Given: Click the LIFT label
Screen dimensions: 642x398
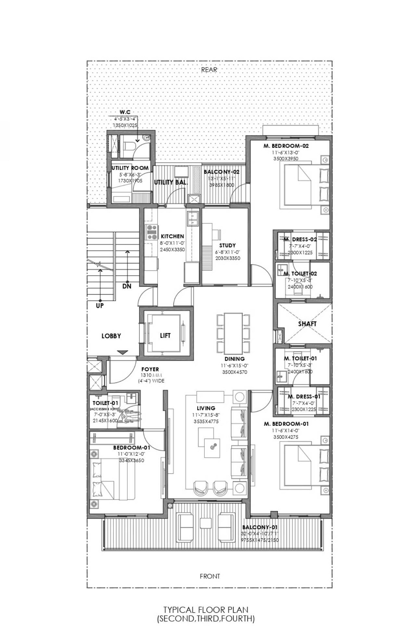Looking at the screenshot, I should click(x=165, y=335).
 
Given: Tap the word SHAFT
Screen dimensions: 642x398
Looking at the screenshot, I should click(x=307, y=324).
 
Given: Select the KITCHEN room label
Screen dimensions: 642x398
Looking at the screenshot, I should click(x=172, y=236).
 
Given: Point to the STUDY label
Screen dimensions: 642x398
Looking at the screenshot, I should click(x=227, y=245).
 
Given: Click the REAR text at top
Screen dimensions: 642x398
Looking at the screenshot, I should click(x=209, y=69).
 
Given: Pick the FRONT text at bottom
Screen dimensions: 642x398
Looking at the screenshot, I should click(x=210, y=576).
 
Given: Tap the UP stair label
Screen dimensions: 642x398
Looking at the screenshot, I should click(x=100, y=306).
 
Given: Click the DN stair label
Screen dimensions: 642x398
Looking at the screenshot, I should click(x=127, y=286).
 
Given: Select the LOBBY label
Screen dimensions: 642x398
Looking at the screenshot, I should click(x=111, y=336).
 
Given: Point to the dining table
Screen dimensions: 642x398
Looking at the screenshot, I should click(x=234, y=333).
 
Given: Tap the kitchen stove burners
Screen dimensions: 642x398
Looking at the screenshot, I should click(x=151, y=232).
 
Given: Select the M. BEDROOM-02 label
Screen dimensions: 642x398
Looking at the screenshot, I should click(x=286, y=146).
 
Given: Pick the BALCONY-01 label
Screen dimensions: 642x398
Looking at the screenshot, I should click(x=260, y=527).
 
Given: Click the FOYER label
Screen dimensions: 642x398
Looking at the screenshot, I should click(x=150, y=369).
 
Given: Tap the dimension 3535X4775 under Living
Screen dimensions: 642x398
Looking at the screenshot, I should click(x=206, y=422).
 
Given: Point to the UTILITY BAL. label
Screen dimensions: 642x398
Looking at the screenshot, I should click(x=171, y=182).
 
